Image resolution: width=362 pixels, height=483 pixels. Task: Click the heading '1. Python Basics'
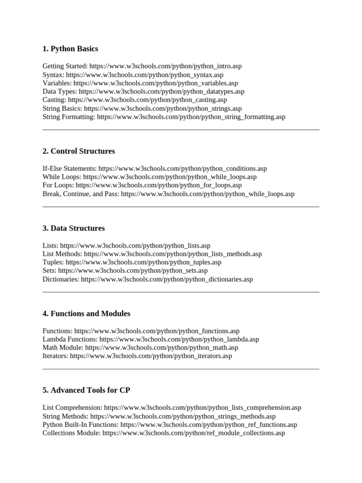coord(70,49)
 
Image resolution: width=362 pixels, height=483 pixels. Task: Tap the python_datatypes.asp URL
coord(162,92)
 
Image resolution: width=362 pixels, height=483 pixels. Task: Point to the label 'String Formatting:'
coord(69,117)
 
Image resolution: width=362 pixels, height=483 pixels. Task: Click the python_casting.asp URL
coord(148,100)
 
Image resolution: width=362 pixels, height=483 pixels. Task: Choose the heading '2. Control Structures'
coord(79,151)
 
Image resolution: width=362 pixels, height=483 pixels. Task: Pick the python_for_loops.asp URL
coord(158,185)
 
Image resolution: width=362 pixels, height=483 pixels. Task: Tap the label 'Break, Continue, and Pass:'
coord(81,194)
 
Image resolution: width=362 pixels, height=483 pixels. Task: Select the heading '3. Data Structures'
coord(74,228)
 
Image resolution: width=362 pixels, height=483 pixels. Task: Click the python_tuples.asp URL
coord(143,262)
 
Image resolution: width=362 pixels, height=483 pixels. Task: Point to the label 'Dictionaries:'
coord(61,279)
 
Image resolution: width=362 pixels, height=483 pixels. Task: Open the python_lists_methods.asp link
coord(173,254)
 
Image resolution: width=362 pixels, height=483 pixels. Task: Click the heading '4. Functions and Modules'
coord(86,314)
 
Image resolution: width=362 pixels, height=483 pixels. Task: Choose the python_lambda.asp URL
coord(179,339)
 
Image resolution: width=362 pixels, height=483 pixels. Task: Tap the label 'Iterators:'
coord(55,356)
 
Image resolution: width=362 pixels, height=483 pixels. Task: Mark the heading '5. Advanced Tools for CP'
coord(86,391)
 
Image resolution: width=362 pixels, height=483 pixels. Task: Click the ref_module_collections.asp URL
coord(194,433)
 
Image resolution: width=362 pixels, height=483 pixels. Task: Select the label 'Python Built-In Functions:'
coord(81,425)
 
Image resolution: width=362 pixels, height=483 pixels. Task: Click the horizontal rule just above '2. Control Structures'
coord(181,130)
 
